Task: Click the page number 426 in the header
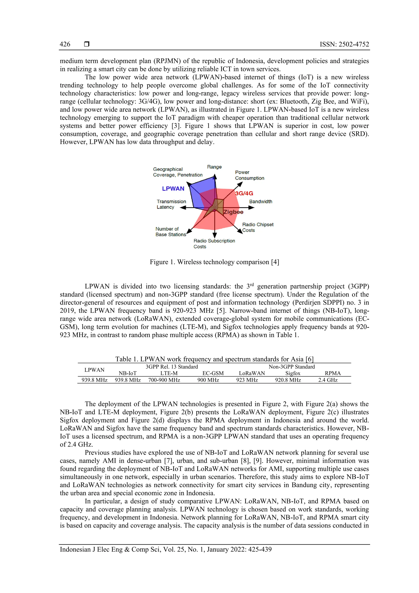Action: [65, 44]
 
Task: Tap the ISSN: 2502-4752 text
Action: [344, 44]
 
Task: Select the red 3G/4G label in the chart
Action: [244, 193]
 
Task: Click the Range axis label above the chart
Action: [214, 167]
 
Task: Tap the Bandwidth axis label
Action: [260, 201]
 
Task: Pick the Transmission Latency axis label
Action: [171, 204]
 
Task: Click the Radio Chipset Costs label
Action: [257, 227]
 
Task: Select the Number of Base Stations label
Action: [170, 232]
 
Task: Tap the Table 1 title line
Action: [214, 359]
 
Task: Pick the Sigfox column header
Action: [293, 373]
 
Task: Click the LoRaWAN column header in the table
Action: [252, 373]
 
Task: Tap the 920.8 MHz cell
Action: [288, 380]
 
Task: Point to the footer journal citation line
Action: [166, 549]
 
